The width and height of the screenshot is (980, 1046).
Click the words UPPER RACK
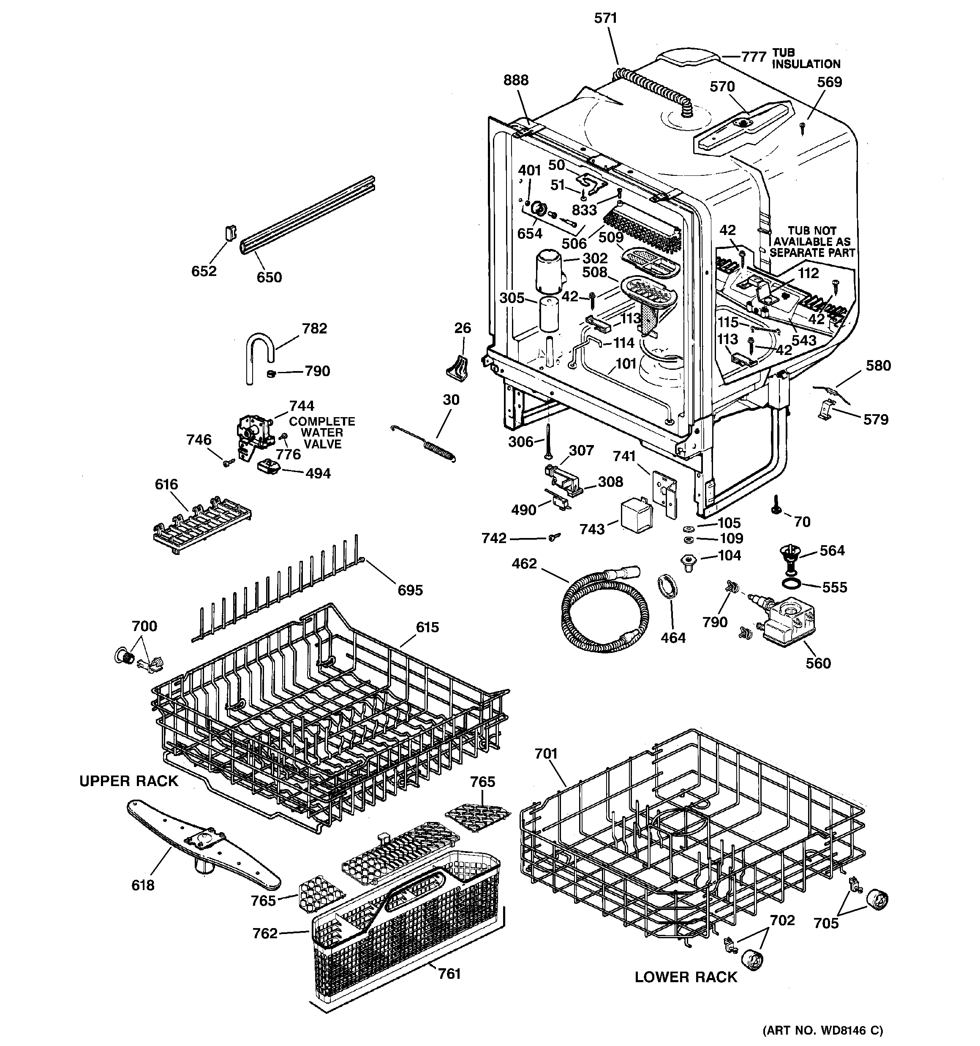(x=129, y=781)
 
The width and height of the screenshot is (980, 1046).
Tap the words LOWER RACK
(x=686, y=977)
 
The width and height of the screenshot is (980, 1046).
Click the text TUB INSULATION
(x=806, y=59)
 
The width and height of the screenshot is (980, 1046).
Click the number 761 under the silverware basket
(x=449, y=973)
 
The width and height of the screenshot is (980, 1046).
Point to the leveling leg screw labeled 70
(x=776, y=505)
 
